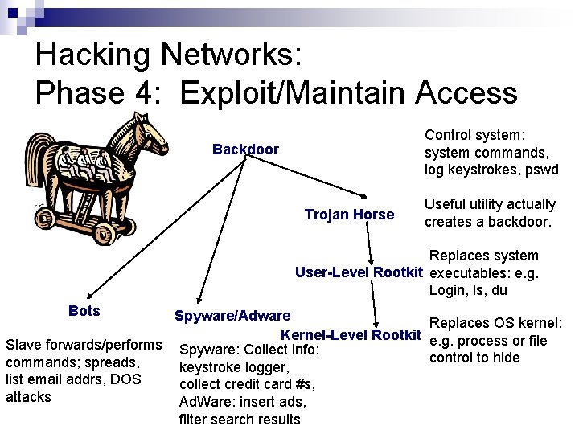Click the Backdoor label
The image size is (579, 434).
(x=245, y=149)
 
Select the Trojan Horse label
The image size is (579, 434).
(x=349, y=215)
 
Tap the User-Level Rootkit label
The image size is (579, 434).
(x=359, y=272)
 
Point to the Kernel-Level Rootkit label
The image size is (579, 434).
(x=351, y=334)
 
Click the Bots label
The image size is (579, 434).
(x=84, y=311)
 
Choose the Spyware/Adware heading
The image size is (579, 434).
(x=232, y=316)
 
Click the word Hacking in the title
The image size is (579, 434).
(x=92, y=55)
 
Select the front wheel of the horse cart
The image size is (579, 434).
(x=104, y=233)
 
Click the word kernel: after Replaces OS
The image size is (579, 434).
(x=534, y=323)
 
